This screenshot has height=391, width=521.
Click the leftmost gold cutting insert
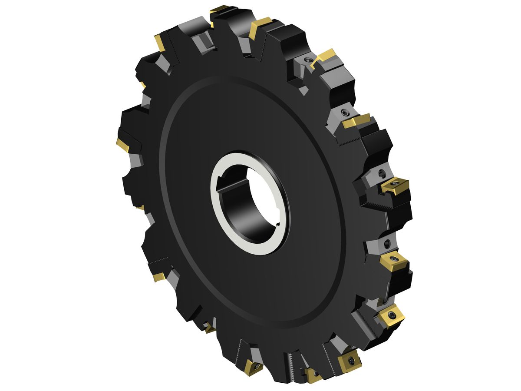click(123, 145)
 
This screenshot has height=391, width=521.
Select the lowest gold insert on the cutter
click(313, 375)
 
